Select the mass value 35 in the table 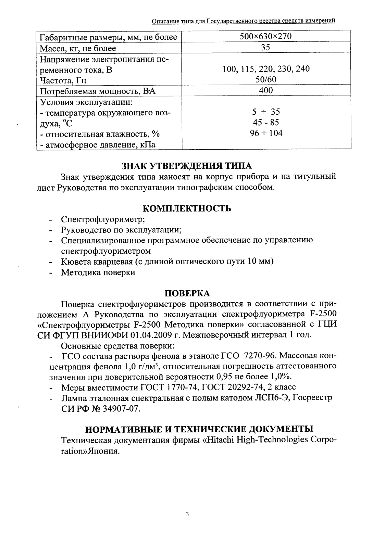[266, 48]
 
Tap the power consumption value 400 [266, 90]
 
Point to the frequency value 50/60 [266, 80]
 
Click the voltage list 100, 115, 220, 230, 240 [266, 69]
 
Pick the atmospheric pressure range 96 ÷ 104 [266, 133]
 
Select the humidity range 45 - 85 [266, 123]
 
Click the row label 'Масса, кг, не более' [78, 48]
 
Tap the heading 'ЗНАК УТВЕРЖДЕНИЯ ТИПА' [187, 166]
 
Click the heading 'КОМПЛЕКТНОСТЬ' [187, 208]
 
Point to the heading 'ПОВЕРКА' [187, 293]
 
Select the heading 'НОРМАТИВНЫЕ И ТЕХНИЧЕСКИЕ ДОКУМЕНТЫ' [199, 429]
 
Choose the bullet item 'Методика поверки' [98, 272]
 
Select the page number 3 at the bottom [187, 514]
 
